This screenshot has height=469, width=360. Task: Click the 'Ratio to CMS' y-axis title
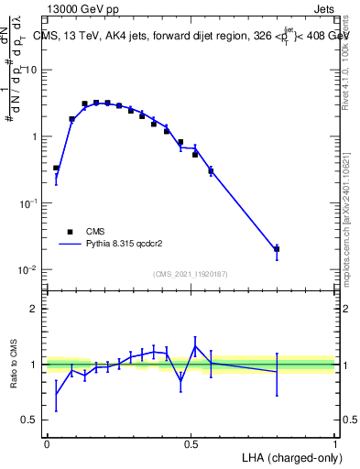(16, 364)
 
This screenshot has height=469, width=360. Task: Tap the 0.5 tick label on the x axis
(191, 443)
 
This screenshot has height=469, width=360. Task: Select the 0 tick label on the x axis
(47, 443)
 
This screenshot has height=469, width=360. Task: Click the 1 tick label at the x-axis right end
(334, 443)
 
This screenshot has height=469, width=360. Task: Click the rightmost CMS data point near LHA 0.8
(277, 248)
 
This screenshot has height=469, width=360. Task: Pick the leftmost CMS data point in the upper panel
(56, 168)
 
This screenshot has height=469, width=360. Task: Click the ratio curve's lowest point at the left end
(56, 395)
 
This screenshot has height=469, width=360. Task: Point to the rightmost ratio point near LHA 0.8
(277, 371)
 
